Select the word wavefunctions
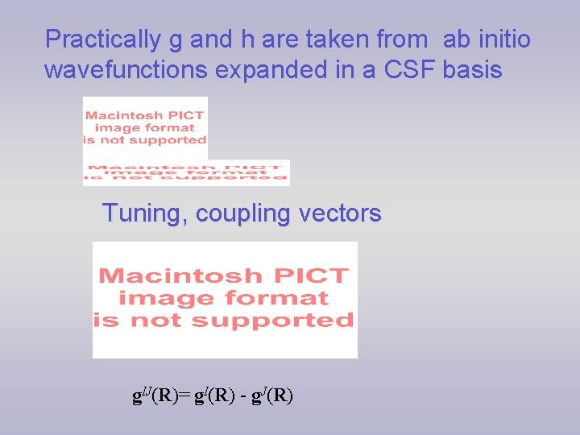click(x=126, y=70)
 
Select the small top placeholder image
click(x=145, y=127)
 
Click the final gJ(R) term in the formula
click(x=271, y=396)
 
